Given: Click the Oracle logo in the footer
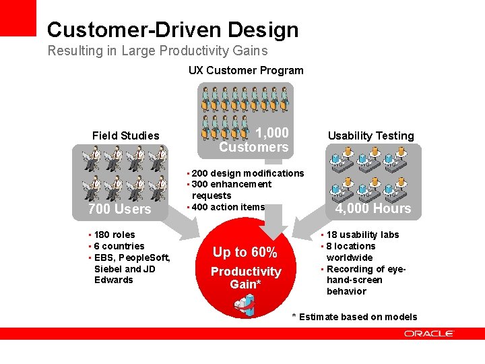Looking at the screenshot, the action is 429,334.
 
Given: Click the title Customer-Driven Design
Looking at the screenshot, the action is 172,30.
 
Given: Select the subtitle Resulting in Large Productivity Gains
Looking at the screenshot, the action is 157,51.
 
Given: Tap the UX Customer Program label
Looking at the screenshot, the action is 245,70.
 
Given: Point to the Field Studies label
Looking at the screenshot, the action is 125,135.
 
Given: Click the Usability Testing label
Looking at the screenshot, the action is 370,135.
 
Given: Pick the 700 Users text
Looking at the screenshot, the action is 119,209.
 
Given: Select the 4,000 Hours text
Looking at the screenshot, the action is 373,208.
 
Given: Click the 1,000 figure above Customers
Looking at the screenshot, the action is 272,133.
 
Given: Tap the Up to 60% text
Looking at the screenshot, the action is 245,252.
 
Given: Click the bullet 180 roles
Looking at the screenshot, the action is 114,235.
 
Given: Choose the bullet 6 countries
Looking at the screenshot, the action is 119,246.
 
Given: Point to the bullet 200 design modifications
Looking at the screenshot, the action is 247,173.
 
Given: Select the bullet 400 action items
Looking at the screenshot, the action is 228,207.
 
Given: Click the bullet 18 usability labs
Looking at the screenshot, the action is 362,235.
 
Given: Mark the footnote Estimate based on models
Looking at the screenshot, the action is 358,317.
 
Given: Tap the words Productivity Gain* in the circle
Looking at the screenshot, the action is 245,278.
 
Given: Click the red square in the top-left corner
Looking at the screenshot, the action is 18,18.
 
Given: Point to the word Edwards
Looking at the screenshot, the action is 114,280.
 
